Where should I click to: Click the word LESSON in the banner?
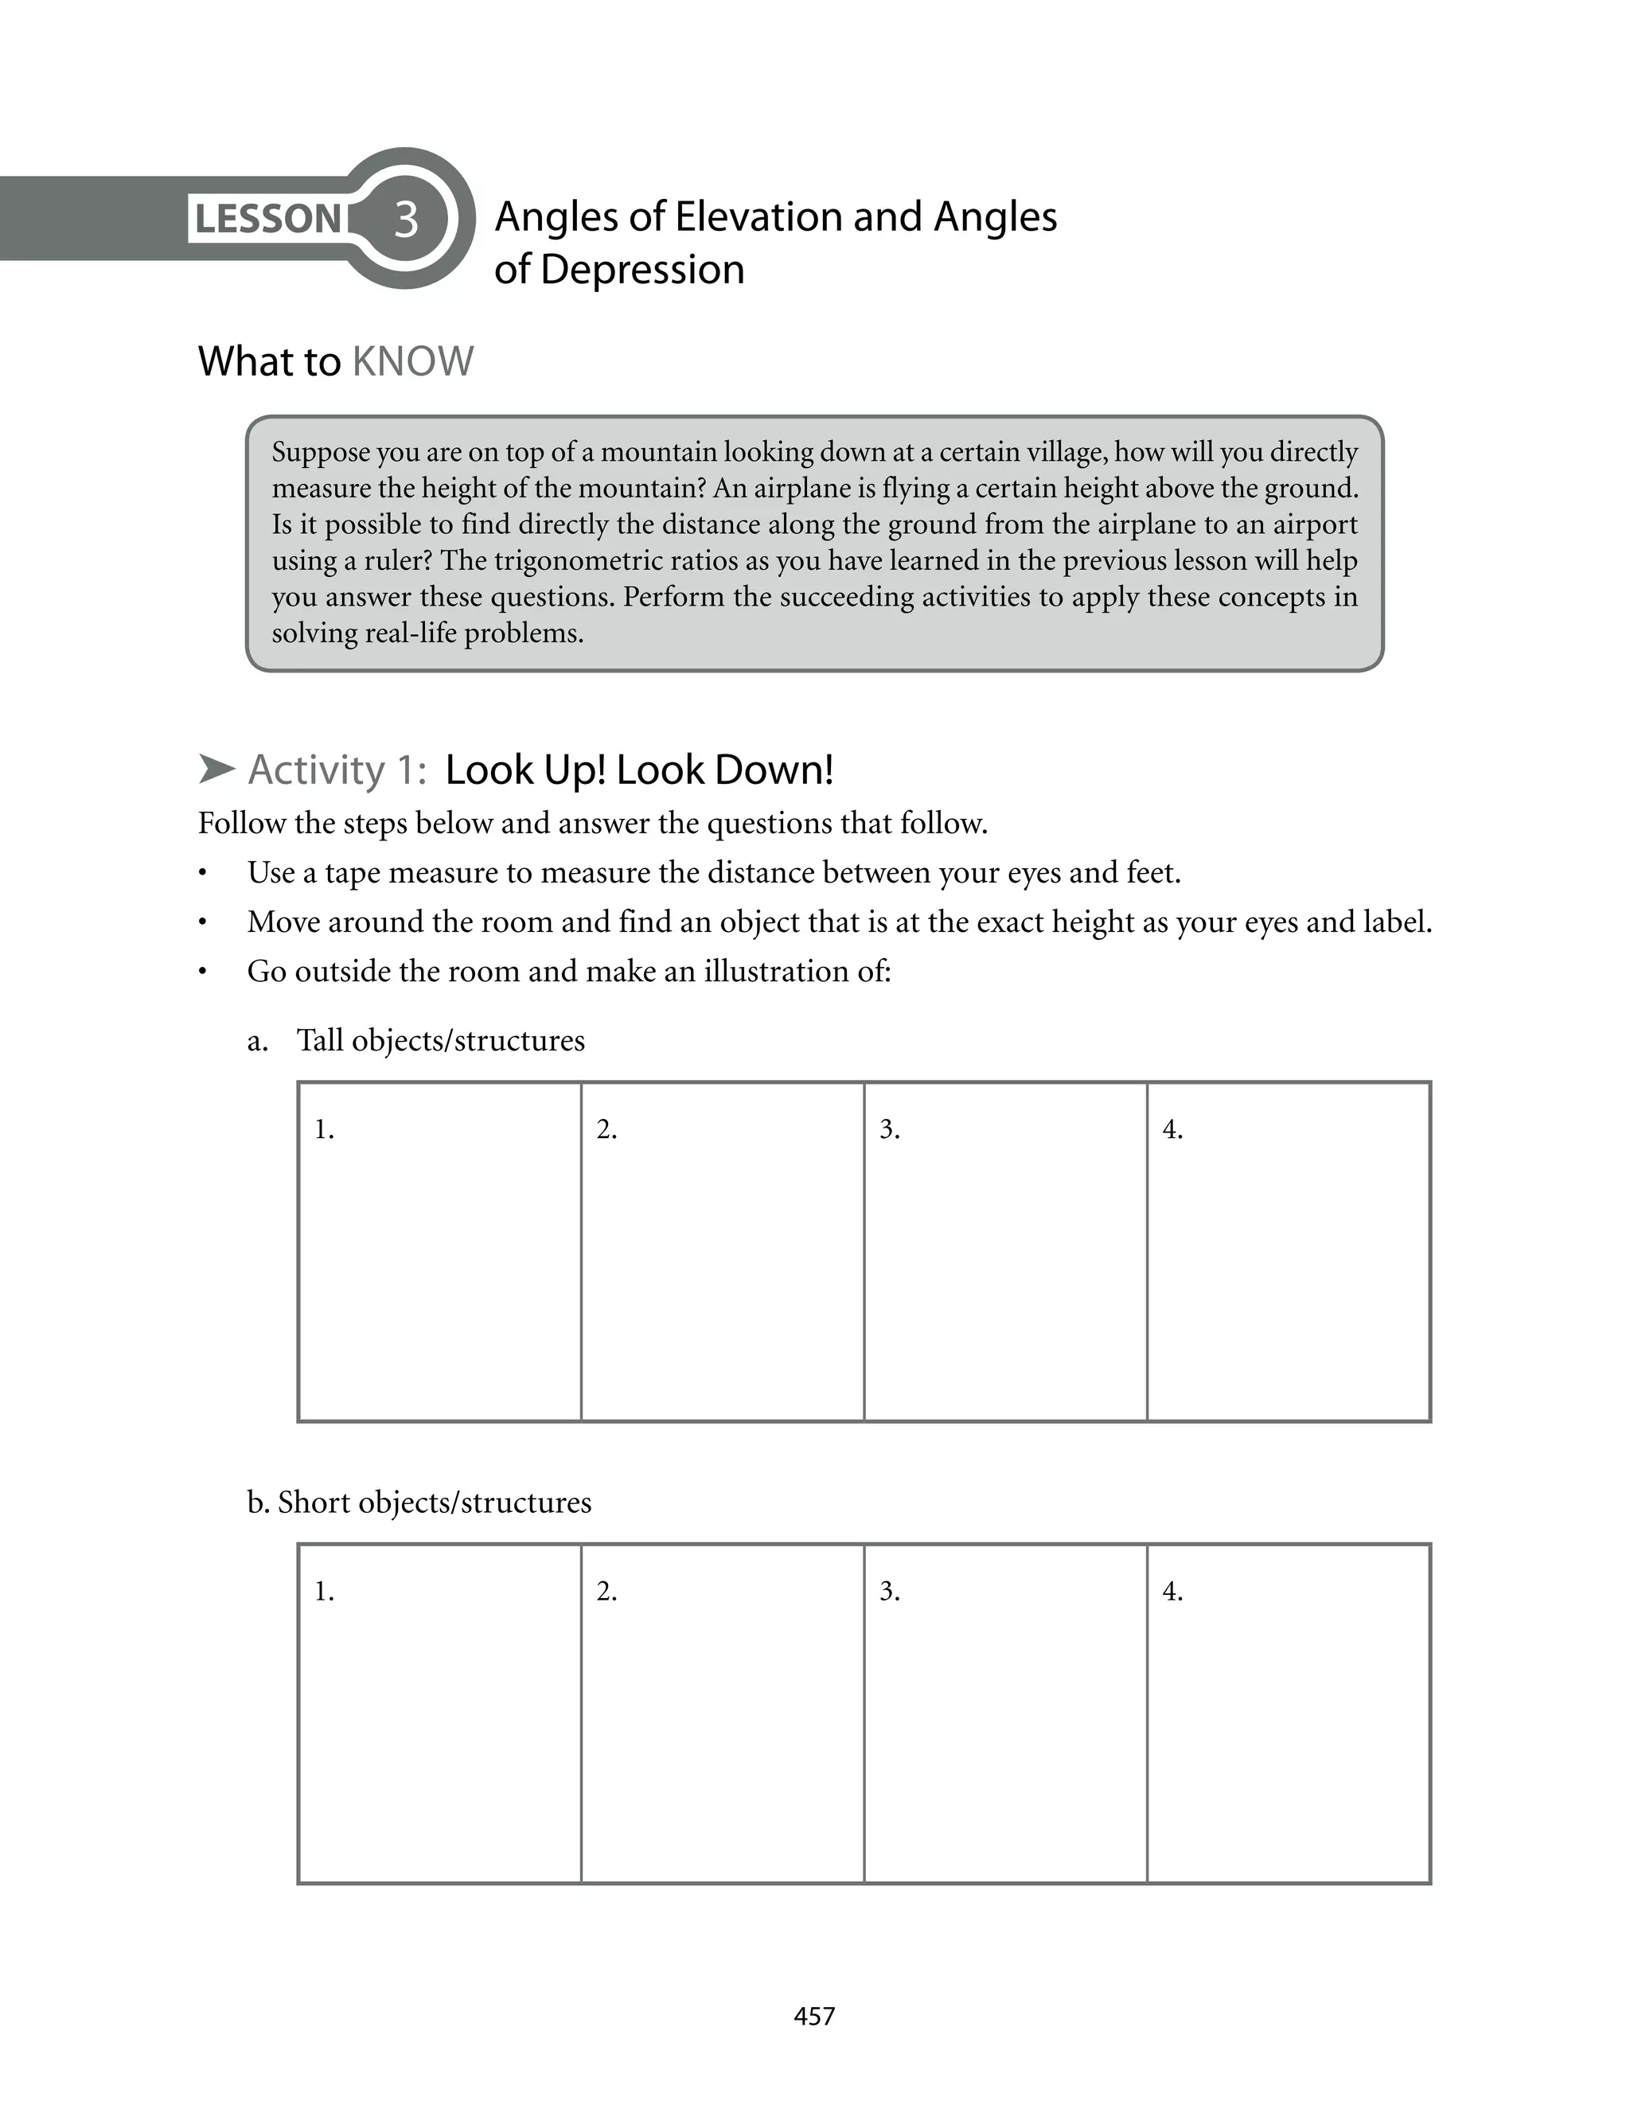tap(267, 219)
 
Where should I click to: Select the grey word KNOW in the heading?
tap(412, 362)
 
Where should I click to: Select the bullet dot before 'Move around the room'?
tap(203, 923)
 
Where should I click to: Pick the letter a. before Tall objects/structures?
tap(257, 1042)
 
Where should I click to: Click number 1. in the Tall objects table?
tap(324, 1129)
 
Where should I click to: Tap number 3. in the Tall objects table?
tap(890, 1129)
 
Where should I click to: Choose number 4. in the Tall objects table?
tap(1172, 1129)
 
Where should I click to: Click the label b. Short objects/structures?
tap(419, 1502)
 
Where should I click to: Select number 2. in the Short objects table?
tap(606, 1592)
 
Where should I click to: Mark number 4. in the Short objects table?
tap(1172, 1592)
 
